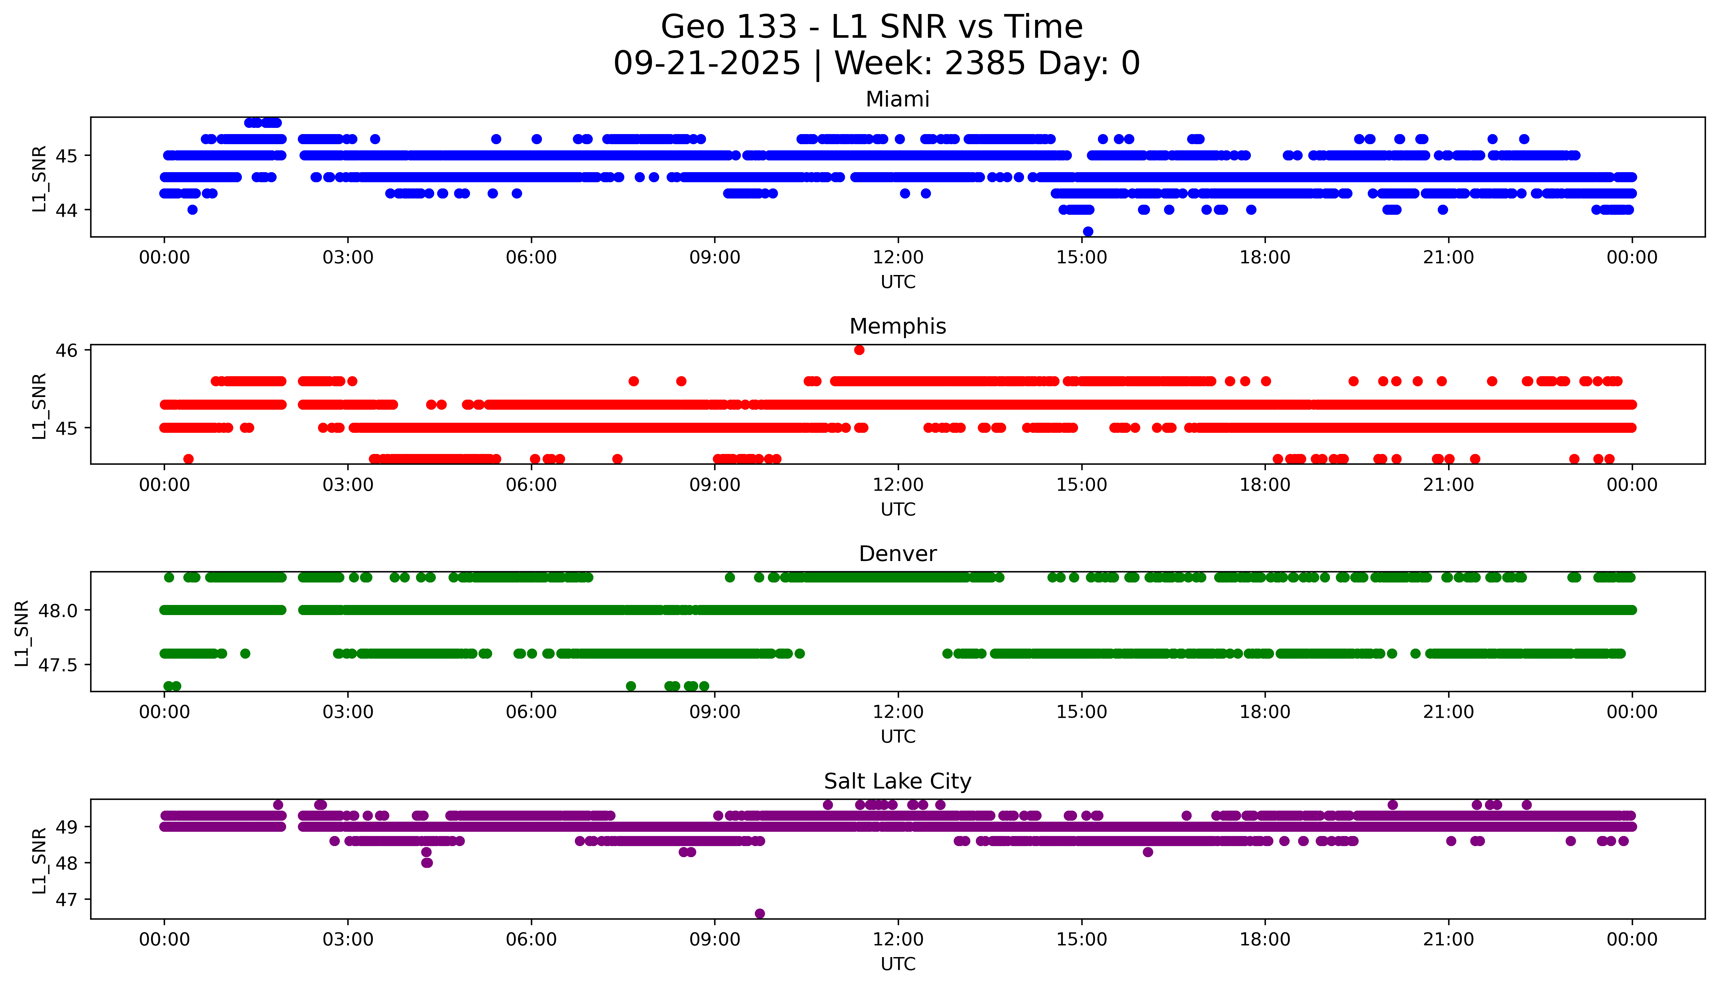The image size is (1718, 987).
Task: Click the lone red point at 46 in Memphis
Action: point(859,350)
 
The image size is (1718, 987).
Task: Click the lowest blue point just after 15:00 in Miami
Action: point(1088,232)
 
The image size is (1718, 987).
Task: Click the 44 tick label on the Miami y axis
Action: point(66,210)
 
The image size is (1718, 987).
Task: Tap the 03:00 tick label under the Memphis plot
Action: point(348,486)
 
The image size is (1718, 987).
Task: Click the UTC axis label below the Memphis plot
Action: point(898,510)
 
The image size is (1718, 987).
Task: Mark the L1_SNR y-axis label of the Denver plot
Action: point(22,633)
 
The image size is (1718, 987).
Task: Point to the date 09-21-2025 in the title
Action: point(706,64)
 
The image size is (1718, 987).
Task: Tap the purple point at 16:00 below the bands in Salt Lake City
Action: point(1147,852)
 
